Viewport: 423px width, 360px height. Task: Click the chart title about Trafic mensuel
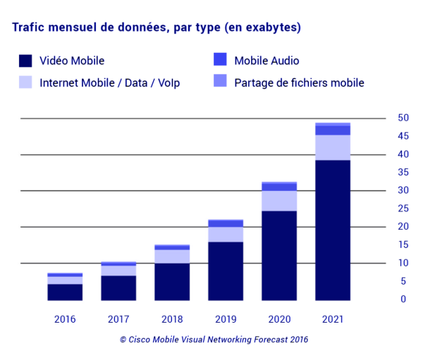point(154,28)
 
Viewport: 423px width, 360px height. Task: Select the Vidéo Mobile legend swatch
point(25,61)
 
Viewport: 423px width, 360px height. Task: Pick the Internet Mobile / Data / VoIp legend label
point(109,83)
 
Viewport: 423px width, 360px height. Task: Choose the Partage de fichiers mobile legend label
point(299,83)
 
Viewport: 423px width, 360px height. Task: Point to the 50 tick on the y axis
point(403,118)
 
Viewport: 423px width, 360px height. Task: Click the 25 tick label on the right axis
point(403,209)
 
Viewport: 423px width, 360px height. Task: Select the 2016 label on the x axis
point(66,318)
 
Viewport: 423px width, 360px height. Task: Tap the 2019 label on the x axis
point(226,318)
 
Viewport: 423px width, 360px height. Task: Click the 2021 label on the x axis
point(333,318)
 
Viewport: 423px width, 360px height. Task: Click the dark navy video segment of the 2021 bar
point(333,230)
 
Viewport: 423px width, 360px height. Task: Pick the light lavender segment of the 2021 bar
point(333,147)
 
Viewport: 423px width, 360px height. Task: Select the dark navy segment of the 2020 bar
point(279,255)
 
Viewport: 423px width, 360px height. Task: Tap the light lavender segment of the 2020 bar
point(279,201)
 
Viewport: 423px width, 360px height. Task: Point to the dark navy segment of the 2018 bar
point(172,281)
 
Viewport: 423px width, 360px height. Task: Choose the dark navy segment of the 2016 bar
point(66,292)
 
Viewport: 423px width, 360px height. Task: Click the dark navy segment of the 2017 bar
point(119,287)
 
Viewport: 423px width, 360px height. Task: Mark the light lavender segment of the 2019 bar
point(226,234)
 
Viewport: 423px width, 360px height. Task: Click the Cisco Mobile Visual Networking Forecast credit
point(214,340)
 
